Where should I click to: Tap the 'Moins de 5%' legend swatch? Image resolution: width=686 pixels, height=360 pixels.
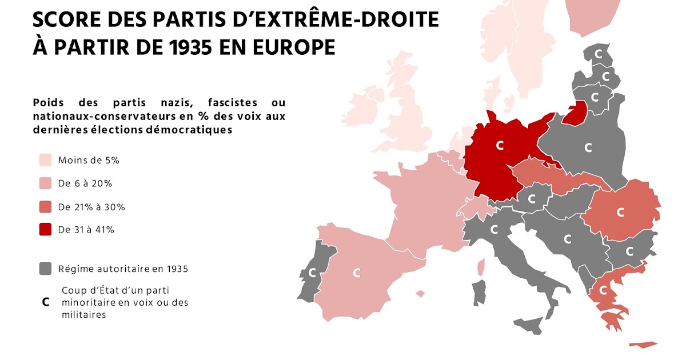coord(45,160)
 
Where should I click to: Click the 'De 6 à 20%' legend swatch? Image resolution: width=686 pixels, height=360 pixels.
coord(45,183)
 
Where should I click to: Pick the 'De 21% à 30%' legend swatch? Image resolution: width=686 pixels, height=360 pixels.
coord(45,207)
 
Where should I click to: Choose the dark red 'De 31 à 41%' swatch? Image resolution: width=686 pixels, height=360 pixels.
coord(45,230)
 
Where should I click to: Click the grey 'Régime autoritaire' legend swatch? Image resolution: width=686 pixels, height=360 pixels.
coord(45,269)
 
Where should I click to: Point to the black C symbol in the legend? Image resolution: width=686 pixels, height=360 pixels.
coord(45,302)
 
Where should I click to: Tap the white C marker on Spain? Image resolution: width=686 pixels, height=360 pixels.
coord(357,273)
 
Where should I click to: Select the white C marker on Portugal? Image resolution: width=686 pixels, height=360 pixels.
coord(312,273)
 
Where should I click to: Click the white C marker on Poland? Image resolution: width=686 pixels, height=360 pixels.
coord(588,147)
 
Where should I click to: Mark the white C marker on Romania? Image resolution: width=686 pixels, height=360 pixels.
coord(620,212)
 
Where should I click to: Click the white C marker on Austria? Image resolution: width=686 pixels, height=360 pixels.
coord(532,199)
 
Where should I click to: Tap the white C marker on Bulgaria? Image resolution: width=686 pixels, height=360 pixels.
coord(629,250)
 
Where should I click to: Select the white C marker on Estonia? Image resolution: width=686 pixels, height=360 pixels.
coord(599,55)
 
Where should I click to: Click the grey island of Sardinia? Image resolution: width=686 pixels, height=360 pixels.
coord(480,293)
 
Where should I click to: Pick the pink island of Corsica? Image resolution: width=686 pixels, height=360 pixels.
coord(481,266)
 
